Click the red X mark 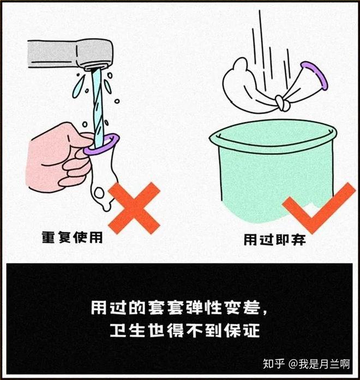click(x=134, y=208)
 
